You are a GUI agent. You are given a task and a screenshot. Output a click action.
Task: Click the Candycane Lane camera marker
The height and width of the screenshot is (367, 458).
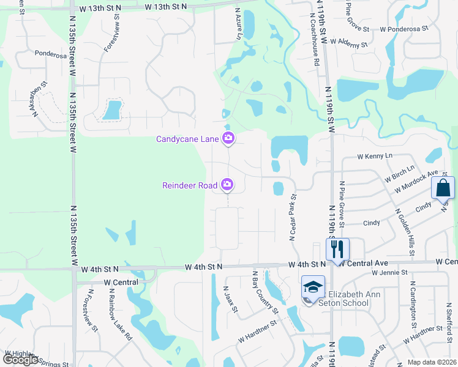pos(228,139)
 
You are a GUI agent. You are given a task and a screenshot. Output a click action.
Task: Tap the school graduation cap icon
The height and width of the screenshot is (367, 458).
pos(313,286)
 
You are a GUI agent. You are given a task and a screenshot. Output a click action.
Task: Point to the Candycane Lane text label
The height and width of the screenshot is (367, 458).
pos(187,139)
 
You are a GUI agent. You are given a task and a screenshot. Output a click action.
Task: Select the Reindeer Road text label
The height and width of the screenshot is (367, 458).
pos(190,185)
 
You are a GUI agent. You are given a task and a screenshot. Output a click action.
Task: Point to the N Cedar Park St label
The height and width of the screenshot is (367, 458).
pos(293,217)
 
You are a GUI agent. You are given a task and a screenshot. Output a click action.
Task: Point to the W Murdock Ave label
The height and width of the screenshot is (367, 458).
pos(416,182)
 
